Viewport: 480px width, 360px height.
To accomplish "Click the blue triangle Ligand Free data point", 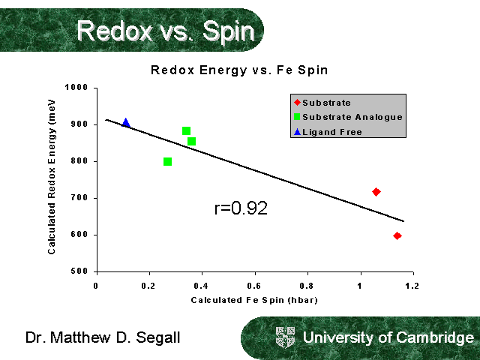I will tap(126, 123).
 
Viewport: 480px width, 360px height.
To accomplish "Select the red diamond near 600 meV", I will tap(397, 235).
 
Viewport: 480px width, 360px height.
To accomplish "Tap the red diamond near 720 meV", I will tap(376, 192).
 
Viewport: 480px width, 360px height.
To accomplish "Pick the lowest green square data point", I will tap(167, 161).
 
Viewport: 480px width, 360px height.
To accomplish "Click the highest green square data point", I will tap(187, 130).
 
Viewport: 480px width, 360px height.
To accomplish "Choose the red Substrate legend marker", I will tap(298, 103).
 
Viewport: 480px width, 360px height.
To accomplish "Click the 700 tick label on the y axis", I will tap(82, 198).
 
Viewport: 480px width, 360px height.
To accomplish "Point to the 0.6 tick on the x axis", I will tap(255, 286).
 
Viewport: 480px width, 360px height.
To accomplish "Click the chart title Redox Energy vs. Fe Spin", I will tap(240, 70).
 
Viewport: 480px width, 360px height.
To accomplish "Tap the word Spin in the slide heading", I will tap(224, 31).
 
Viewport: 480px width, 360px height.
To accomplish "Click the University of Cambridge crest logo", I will tap(286, 337).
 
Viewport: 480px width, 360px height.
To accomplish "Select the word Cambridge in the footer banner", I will tap(434, 337).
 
